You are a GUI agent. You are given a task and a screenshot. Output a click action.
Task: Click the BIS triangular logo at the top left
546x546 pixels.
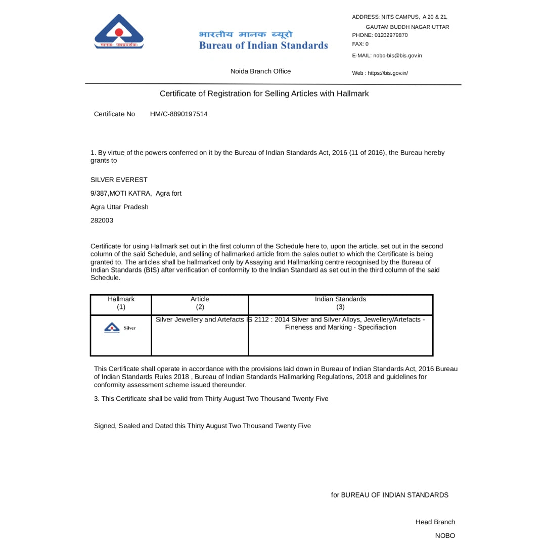[x=119, y=32]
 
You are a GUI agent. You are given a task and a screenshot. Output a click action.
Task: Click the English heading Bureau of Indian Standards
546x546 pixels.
[x=263, y=45]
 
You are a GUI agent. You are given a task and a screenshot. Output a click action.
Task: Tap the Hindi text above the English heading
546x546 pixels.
[x=246, y=34]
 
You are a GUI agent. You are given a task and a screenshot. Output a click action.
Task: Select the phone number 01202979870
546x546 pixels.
[x=391, y=35]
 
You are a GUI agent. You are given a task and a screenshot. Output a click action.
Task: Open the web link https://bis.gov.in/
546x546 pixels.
[x=388, y=73]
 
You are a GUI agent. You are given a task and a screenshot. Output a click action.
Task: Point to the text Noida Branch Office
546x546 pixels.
[x=260, y=71]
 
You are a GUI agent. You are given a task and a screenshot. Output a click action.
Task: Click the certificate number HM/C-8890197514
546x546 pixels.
[x=178, y=114]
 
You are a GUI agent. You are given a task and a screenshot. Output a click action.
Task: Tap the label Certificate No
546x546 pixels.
[x=114, y=114]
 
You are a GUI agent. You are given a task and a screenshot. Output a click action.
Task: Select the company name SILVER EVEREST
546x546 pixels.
[x=119, y=180]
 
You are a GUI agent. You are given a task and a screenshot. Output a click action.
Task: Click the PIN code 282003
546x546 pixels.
[x=102, y=220]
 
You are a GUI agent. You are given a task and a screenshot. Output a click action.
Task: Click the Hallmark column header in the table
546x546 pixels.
[x=121, y=299]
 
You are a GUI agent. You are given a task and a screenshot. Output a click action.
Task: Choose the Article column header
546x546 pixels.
[x=200, y=299]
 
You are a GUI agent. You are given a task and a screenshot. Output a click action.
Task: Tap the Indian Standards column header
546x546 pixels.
[x=340, y=299]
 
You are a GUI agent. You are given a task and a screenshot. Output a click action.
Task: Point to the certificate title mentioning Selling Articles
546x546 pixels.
[x=264, y=94]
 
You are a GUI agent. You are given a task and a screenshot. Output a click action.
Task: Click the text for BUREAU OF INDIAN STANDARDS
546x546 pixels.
[x=389, y=495]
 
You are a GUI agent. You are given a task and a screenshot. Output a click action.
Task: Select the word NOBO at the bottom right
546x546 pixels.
[x=445, y=535]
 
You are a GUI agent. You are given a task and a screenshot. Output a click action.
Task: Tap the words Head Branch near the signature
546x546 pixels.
[x=435, y=522]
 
